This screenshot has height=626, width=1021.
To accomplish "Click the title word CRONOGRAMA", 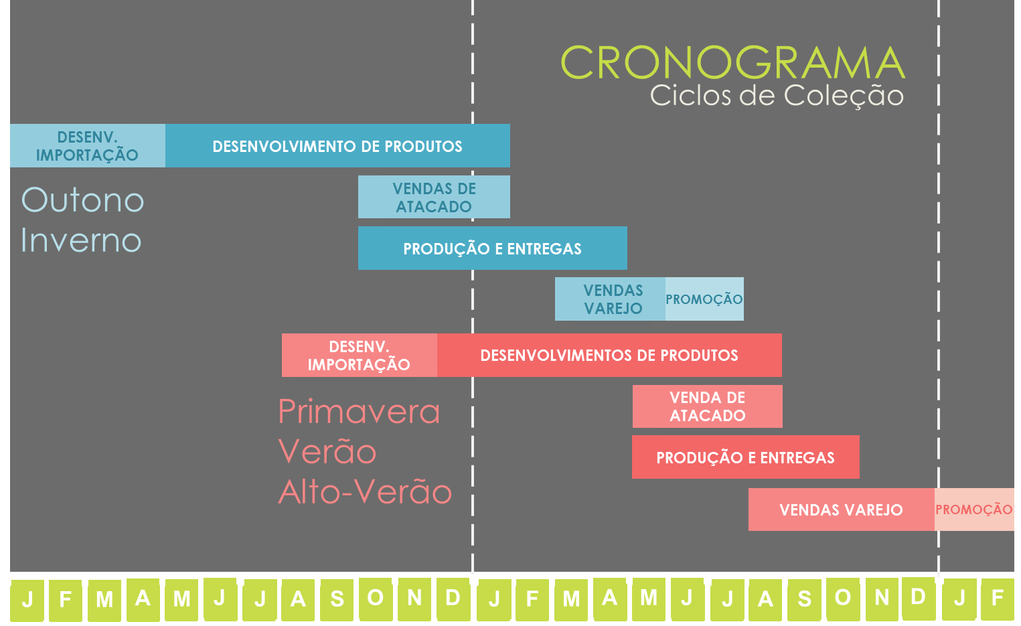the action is point(732,63).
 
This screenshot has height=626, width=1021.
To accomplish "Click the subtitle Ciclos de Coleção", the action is point(777,96).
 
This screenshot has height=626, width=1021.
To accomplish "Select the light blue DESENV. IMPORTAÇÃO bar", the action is point(87,146).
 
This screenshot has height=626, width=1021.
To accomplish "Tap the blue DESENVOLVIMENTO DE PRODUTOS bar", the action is point(337,146).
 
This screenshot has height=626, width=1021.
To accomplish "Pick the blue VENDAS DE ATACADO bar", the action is point(434,198).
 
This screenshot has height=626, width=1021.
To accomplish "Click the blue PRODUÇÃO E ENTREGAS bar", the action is point(492,248).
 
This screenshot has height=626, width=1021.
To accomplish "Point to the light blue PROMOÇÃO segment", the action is point(704,299).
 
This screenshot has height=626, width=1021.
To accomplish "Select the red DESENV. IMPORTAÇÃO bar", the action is point(359,356).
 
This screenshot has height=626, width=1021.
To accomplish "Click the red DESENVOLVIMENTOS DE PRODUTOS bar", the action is point(609,356).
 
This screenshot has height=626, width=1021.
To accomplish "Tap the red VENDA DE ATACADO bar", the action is point(708,406).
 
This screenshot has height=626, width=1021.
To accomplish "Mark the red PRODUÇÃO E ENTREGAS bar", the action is point(745,457).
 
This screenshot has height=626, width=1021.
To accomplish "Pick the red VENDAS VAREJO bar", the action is point(841,510).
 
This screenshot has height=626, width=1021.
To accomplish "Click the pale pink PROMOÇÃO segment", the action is point(974,510).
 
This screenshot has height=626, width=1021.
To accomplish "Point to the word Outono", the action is point(83,200).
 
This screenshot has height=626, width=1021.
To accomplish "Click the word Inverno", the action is point(81,240).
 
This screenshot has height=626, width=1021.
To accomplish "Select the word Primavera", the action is point(359,411).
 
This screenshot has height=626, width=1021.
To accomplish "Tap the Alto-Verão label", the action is point(365,492).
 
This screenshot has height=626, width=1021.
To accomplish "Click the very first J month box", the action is point(27,600).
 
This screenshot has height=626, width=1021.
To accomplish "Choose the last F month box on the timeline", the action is point(998,599).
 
